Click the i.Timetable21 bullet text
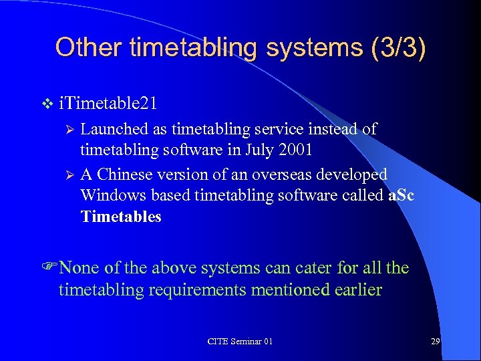click(108, 104)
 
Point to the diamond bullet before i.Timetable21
click(46, 104)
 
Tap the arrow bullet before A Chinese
click(67, 175)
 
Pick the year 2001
click(297, 150)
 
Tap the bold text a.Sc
click(402, 195)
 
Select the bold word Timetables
click(121, 217)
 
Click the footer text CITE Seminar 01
click(240, 342)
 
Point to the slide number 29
click(435, 342)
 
